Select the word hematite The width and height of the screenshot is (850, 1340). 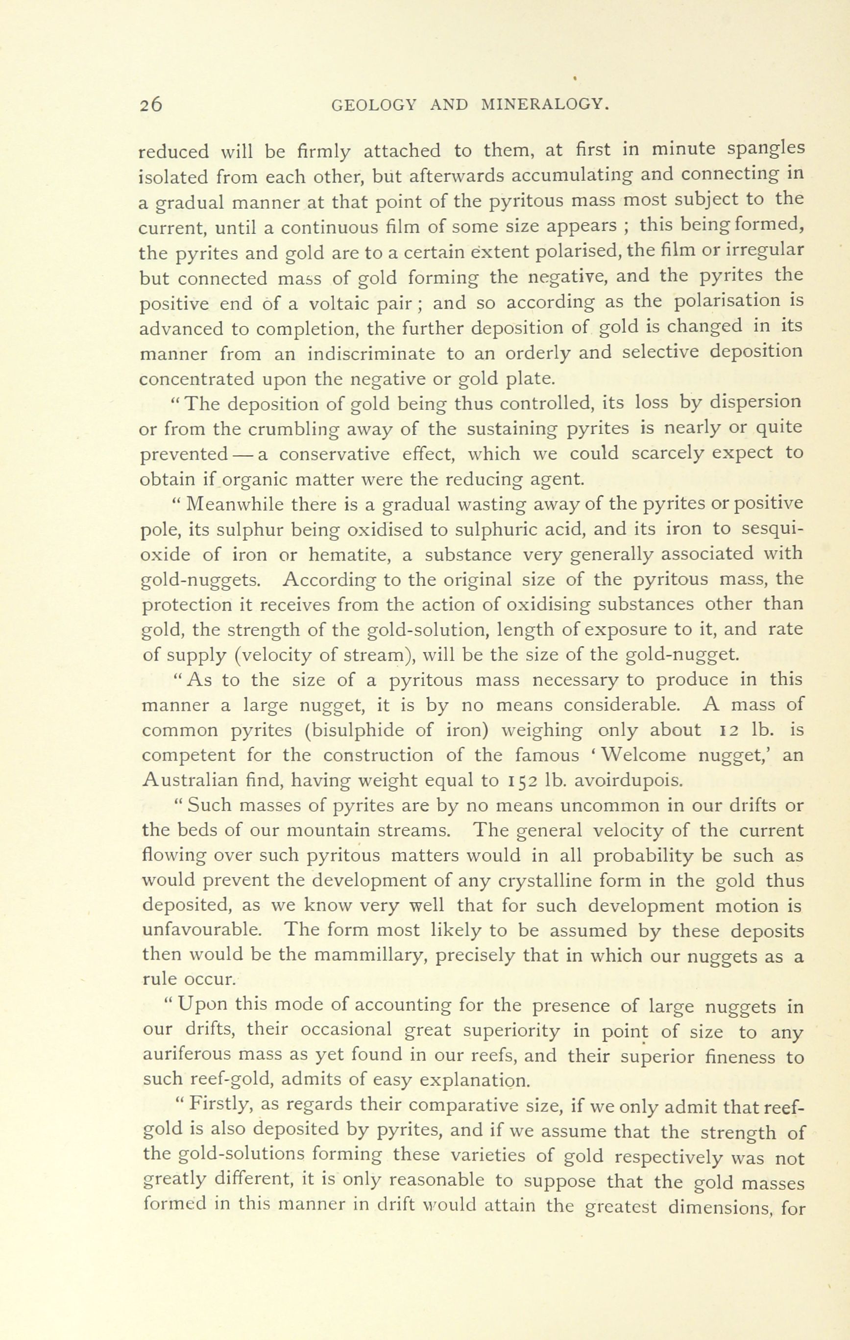(356, 554)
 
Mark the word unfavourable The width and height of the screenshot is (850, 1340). (208, 931)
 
